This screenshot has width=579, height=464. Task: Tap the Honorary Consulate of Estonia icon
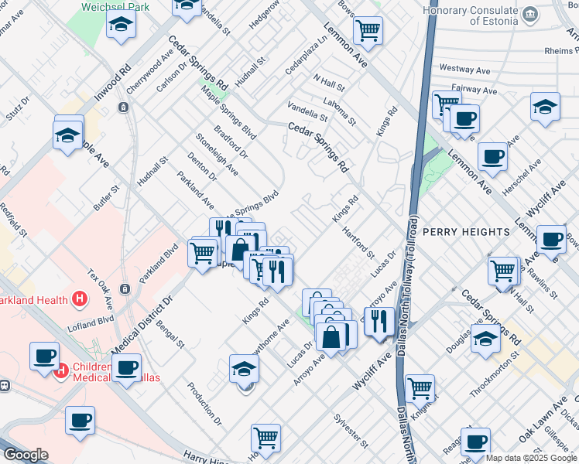click(x=530, y=15)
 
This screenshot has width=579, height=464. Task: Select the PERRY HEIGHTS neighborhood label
click(x=466, y=232)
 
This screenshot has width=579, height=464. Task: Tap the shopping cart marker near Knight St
click(x=420, y=387)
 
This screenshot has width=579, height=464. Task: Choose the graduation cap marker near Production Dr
click(x=244, y=369)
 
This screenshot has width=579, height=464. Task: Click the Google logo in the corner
click(x=26, y=455)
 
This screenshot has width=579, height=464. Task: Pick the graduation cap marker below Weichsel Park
click(x=121, y=26)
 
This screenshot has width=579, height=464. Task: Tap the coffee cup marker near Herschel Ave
click(x=492, y=157)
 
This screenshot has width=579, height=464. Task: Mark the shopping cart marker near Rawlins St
click(x=503, y=271)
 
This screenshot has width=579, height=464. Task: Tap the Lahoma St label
click(x=340, y=111)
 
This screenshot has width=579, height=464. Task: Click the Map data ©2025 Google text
click(x=531, y=458)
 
